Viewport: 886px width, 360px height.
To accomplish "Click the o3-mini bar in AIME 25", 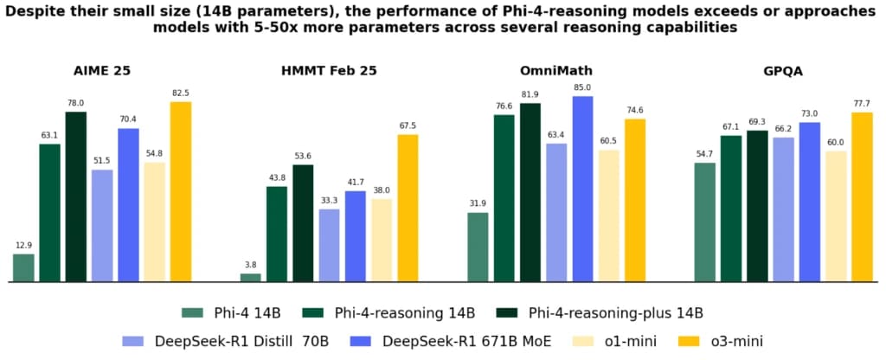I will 181,192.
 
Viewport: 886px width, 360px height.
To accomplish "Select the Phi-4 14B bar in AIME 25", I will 23,267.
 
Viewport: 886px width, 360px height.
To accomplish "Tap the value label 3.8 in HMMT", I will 250,265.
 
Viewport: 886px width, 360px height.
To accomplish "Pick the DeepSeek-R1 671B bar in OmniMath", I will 582,189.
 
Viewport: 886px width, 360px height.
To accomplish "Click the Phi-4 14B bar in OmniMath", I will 478,247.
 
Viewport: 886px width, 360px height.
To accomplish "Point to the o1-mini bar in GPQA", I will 836,216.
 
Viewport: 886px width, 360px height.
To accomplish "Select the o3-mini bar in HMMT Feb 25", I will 408,208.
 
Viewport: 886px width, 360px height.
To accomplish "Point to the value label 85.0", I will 582,87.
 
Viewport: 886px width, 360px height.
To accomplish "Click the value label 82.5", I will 181,93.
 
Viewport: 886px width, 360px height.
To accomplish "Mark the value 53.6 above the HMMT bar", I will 303,156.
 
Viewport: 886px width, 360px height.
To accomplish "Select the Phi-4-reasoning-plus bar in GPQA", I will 757,206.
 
